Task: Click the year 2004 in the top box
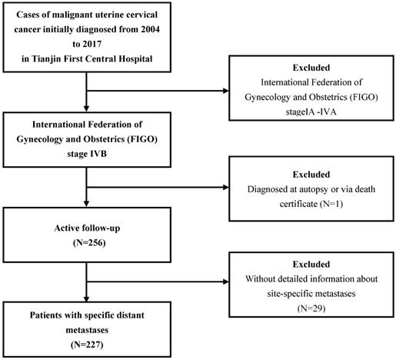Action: coord(150,29)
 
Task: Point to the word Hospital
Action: coord(135,59)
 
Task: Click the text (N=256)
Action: coord(89,242)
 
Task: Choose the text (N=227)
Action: coord(87,345)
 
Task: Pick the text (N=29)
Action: coord(311,308)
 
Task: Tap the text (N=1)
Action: coord(331,204)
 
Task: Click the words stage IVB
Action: coord(87,154)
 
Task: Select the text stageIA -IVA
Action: coord(311,112)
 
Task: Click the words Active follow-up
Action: coord(87,228)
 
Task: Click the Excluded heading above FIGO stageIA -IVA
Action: coord(311,68)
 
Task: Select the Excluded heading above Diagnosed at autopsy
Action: coord(311,175)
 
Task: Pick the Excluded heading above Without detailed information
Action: coord(311,265)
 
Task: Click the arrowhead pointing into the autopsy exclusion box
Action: coord(226,188)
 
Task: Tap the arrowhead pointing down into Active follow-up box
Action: coord(87,204)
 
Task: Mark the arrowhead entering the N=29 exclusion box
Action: coord(226,282)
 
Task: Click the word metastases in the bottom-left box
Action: coord(87,330)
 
